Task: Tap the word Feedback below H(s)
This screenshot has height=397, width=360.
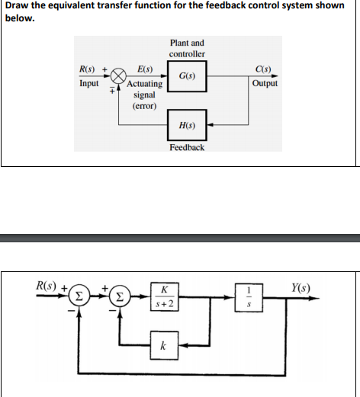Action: [186, 146]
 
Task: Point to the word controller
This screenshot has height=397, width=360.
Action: [186, 54]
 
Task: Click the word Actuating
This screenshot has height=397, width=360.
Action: [144, 84]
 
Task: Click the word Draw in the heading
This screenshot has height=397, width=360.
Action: [18, 7]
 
